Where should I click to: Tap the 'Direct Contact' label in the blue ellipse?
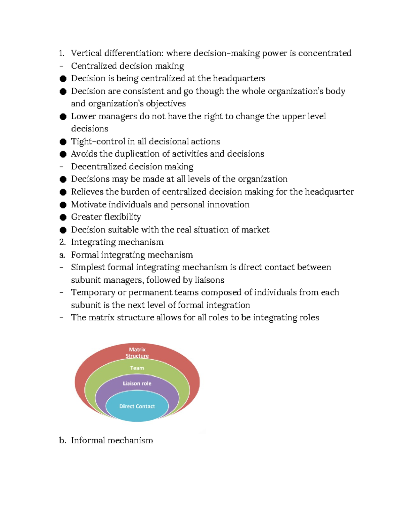pyautogui.click(x=137, y=406)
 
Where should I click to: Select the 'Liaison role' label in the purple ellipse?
pyautogui.click(x=137, y=384)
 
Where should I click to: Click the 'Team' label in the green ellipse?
pyautogui.click(x=137, y=368)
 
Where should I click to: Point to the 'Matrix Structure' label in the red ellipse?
pyautogui.click(x=137, y=353)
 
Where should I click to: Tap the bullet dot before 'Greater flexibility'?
pyautogui.click(x=63, y=217)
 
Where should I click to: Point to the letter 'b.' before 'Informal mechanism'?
pyautogui.click(x=62, y=440)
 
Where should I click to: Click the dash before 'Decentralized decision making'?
pyautogui.click(x=61, y=167)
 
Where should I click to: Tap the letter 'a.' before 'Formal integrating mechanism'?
pyautogui.click(x=62, y=255)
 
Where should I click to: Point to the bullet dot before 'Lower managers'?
pyautogui.click(x=63, y=117)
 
